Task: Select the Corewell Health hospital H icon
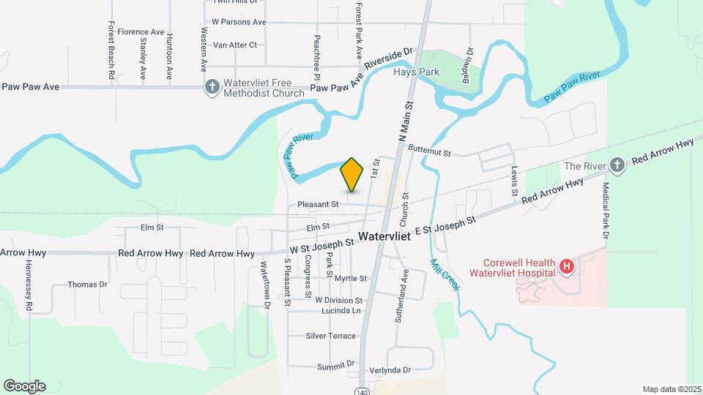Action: pyautogui.click(x=565, y=267)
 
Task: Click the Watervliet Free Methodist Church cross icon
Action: pyautogui.click(x=212, y=88)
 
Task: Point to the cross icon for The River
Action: pyautogui.click(x=617, y=165)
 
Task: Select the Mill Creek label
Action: pyautogui.click(x=445, y=275)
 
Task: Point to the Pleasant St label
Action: pyautogui.click(x=318, y=204)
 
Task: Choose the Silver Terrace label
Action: pyautogui.click(x=331, y=336)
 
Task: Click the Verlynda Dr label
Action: pyautogui.click(x=390, y=370)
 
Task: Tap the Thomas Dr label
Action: pyautogui.click(x=87, y=285)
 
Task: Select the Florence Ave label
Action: pyautogui.click(x=141, y=32)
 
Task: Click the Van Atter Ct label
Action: pyautogui.click(x=234, y=45)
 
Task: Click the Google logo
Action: pyautogui.click(x=24, y=386)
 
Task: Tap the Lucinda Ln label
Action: pyautogui.click(x=341, y=311)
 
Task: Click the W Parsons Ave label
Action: pyautogui.click(x=239, y=22)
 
